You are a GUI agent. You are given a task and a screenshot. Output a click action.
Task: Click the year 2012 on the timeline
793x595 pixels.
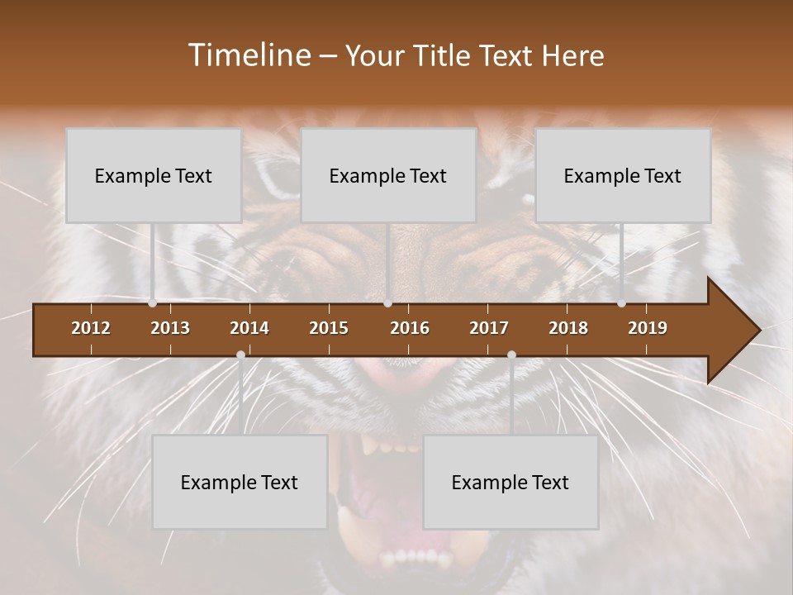click(x=91, y=328)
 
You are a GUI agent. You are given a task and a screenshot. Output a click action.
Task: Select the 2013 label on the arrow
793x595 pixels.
click(x=170, y=328)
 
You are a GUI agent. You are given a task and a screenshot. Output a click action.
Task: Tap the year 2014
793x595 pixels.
click(x=249, y=328)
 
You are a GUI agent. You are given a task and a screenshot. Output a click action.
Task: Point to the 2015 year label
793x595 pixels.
click(x=329, y=328)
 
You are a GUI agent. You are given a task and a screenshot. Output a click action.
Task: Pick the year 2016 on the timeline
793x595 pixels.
click(x=410, y=328)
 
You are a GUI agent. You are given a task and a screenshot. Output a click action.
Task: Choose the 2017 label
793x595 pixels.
click(x=489, y=328)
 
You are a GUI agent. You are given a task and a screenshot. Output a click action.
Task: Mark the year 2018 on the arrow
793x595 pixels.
click(x=568, y=328)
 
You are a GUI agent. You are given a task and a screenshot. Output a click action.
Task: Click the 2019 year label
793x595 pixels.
click(x=648, y=328)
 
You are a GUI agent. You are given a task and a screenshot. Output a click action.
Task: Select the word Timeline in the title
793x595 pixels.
click(x=249, y=55)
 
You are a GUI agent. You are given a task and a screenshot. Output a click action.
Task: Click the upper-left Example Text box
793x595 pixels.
click(x=154, y=176)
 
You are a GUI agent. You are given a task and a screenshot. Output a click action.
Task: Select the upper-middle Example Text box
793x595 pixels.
click(x=388, y=176)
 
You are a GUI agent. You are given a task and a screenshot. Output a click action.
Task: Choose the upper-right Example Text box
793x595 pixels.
click(x=623, y=176)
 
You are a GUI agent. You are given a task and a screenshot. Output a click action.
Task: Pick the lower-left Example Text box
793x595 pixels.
click(x=240, y=483)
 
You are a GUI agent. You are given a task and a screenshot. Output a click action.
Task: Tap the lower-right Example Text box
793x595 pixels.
click(x=510, y=483)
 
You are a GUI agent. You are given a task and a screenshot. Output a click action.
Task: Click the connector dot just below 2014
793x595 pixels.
click(x=240, y=355)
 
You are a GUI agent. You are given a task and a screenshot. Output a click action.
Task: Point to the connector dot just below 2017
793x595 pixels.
click(x=511, y=355)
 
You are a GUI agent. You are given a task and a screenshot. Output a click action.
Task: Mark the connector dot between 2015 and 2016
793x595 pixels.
click(x=387, y=303)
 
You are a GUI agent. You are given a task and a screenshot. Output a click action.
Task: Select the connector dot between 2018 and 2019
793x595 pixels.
click(x=621, y=303)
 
